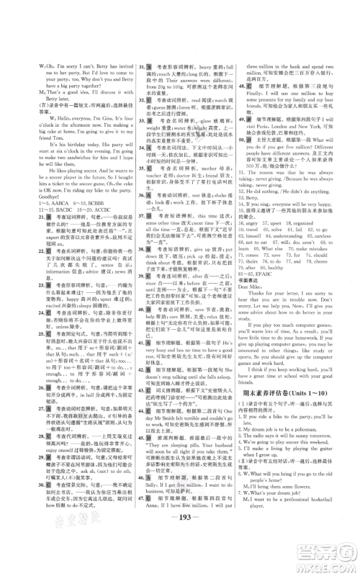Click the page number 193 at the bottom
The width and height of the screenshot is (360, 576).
click(x=180, y=541)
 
